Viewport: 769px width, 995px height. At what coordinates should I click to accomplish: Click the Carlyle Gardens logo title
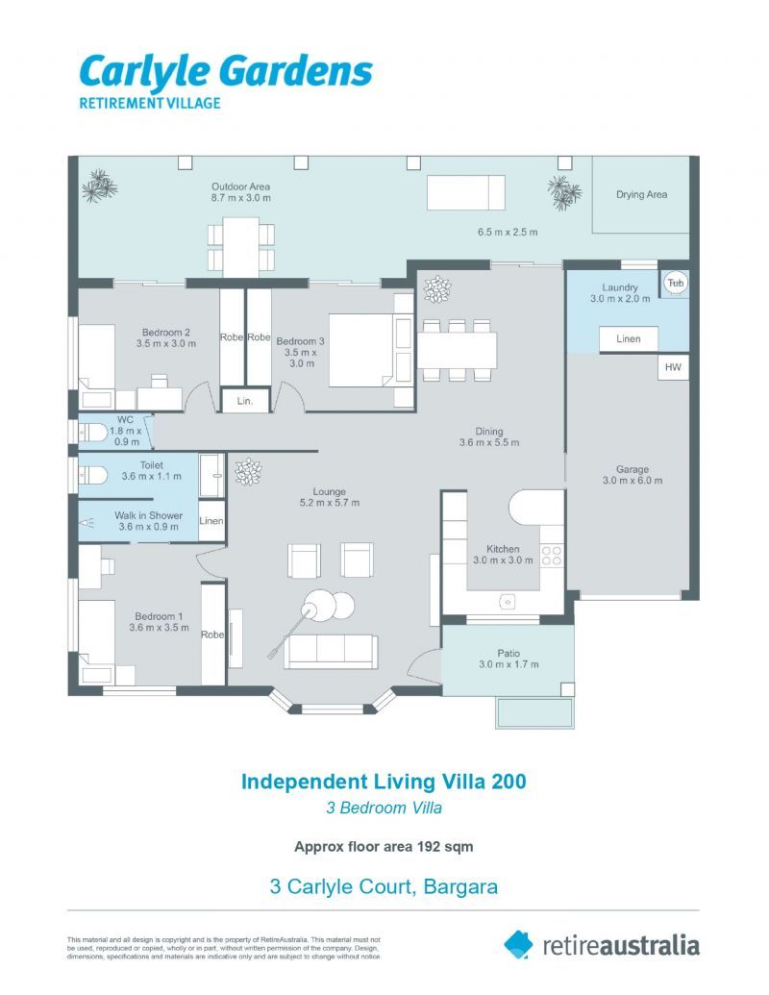click(x=225, y=72)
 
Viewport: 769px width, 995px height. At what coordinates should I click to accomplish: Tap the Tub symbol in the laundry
click(x=675, y=283)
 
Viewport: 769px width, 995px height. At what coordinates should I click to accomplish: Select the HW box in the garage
click(x=674, y=367)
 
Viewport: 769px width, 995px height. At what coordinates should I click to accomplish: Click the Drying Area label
click(x=641, y=195)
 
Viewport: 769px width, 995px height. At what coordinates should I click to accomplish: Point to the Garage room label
click(x=632, y=469)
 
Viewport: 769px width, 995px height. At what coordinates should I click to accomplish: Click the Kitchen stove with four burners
click(x=552, y=555)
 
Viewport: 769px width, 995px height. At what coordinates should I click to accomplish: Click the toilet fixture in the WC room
click(x=93, y=432)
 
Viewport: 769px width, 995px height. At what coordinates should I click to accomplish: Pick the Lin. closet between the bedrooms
click(x=244, y=401)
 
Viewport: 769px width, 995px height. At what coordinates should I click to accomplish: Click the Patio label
click(x=509, y=653)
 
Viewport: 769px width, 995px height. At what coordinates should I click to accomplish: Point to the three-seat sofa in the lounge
click(x=331, y=651)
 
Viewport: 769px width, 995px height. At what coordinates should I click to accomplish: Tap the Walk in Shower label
click(x=148, y=516)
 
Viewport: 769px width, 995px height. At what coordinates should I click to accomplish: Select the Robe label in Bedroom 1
click(x=212, y=634)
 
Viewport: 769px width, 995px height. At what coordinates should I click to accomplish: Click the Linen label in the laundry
click(x=629, y=339)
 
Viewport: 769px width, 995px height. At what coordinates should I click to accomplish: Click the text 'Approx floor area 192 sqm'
click(x=383, y=847)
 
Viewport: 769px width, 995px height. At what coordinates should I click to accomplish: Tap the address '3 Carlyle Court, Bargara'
click(x=384, y=886)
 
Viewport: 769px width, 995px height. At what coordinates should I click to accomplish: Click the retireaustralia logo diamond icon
click(x=518, y=944)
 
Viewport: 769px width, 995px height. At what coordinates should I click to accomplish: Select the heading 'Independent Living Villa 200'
click(x=384, y=781)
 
